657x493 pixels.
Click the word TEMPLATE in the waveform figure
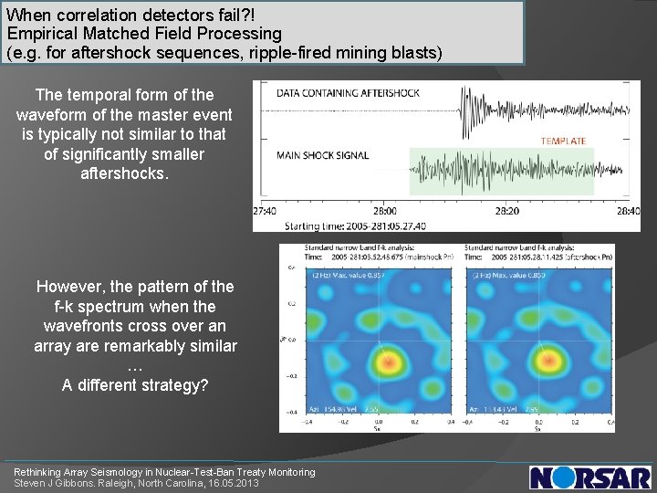[x=563, y=141]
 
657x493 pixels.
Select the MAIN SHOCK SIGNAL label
[x=323, y=155]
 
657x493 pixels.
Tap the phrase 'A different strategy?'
[x=135, y=385]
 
